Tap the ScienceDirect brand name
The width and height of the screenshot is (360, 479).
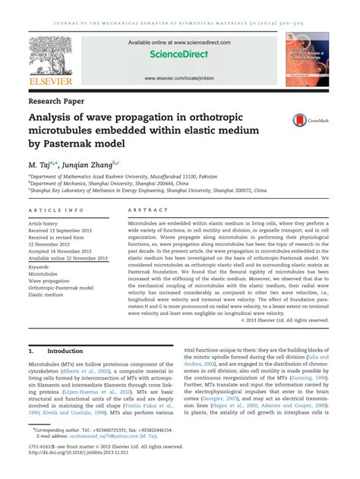pyautogui.click(x=179, y=55)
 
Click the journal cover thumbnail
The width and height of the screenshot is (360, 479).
pyautogui.click(x=308, y=58)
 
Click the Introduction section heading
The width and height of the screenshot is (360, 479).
pyautogui.click(x=65, y=351)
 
